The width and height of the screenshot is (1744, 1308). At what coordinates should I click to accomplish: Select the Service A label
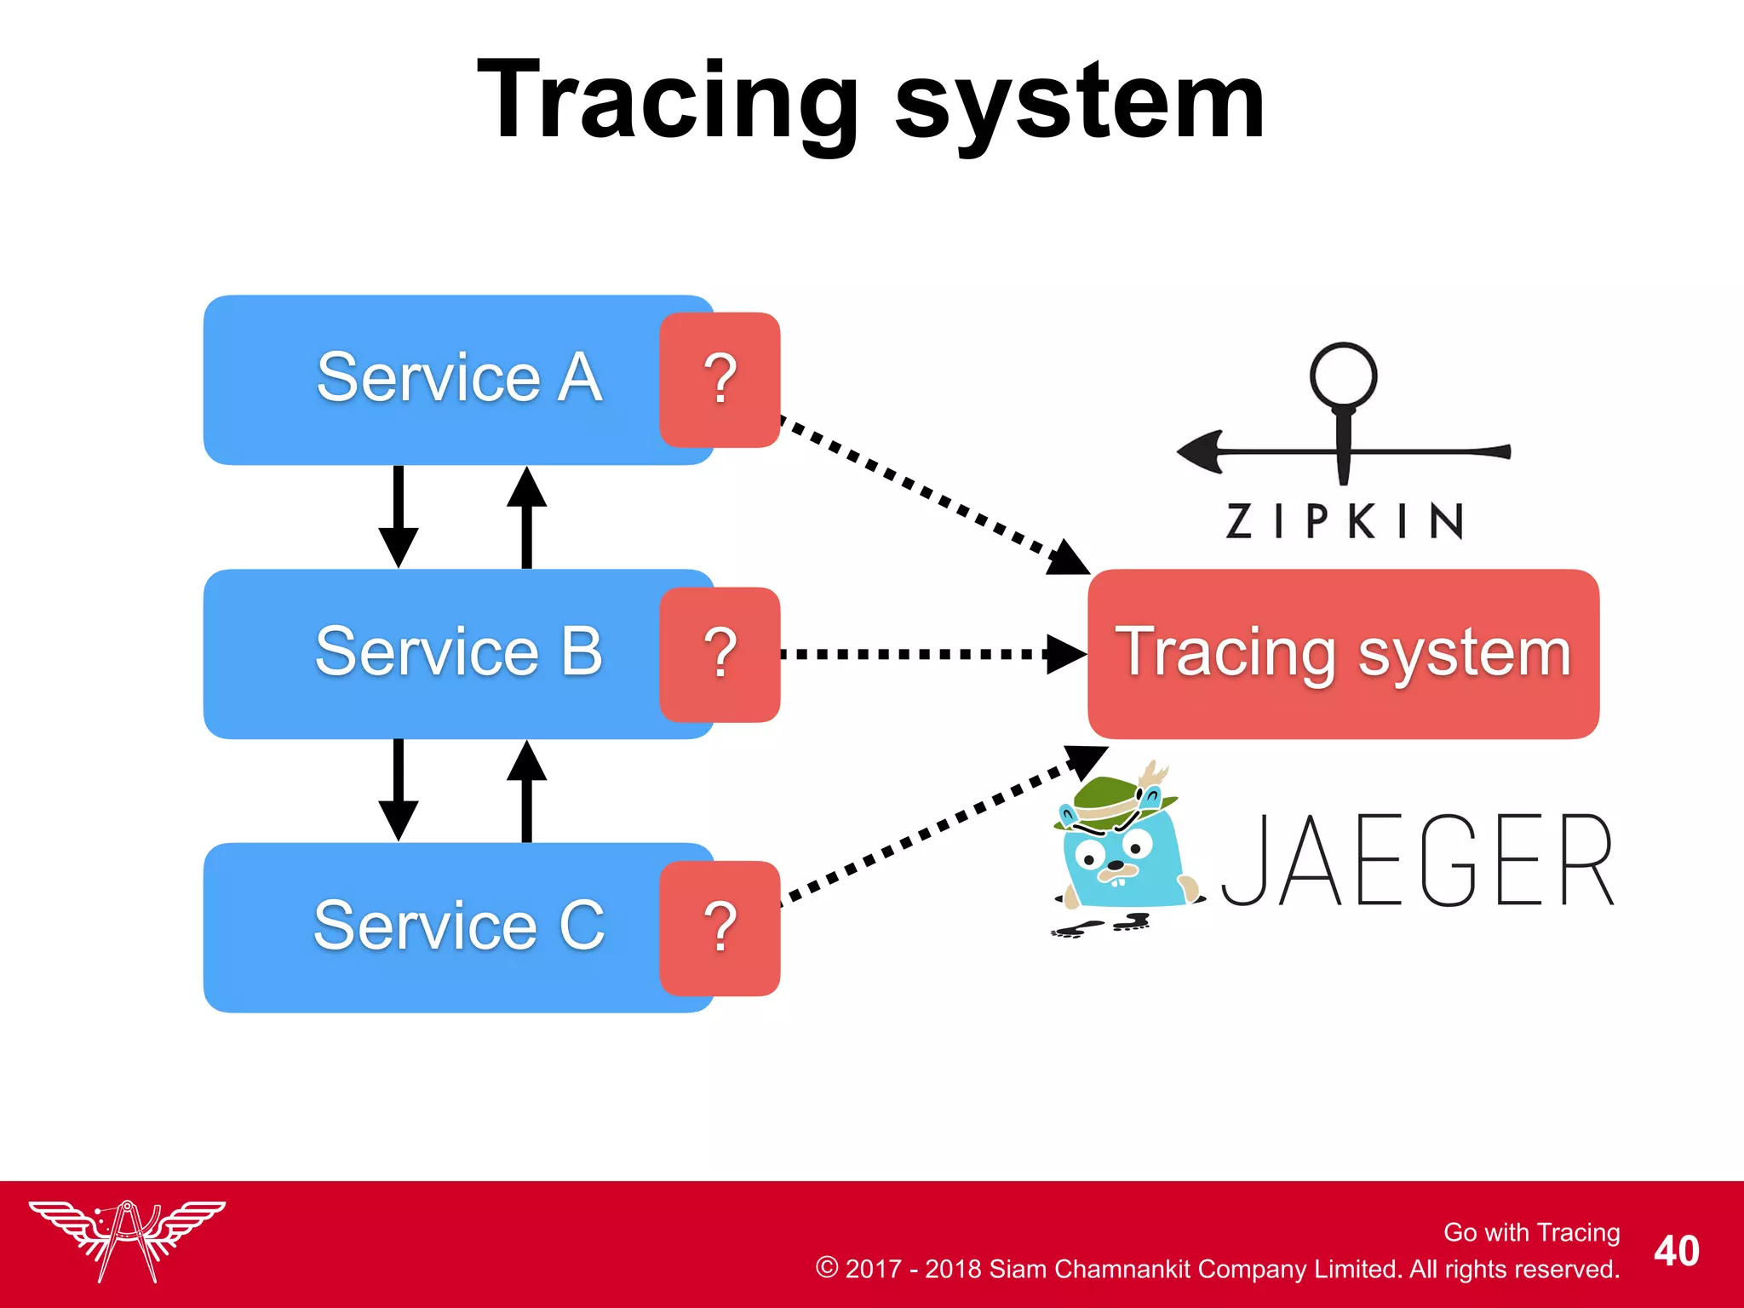(460, 377)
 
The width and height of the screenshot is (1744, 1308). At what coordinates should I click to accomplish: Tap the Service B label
(459, 651)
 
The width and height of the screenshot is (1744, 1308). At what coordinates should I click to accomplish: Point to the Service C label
(459, 926)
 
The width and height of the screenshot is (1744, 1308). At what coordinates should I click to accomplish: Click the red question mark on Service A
(720, 380)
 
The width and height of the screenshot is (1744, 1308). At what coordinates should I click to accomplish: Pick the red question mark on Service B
(720, 654)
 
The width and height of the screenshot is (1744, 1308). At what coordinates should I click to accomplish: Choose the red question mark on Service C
(720, 928)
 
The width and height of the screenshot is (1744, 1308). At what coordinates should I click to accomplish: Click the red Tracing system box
(1343, 653)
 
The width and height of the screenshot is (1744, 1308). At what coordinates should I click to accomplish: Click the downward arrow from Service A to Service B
(398, 515)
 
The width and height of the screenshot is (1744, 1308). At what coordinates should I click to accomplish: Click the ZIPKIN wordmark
(1345, 520)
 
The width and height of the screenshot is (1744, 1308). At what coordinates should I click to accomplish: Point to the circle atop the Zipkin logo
(1343, 376)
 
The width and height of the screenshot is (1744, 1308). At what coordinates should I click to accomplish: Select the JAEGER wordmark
(1418, 860)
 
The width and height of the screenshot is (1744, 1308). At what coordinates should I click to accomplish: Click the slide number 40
(1676, 1251)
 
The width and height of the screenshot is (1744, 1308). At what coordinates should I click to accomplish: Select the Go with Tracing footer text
(1531, 1232)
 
